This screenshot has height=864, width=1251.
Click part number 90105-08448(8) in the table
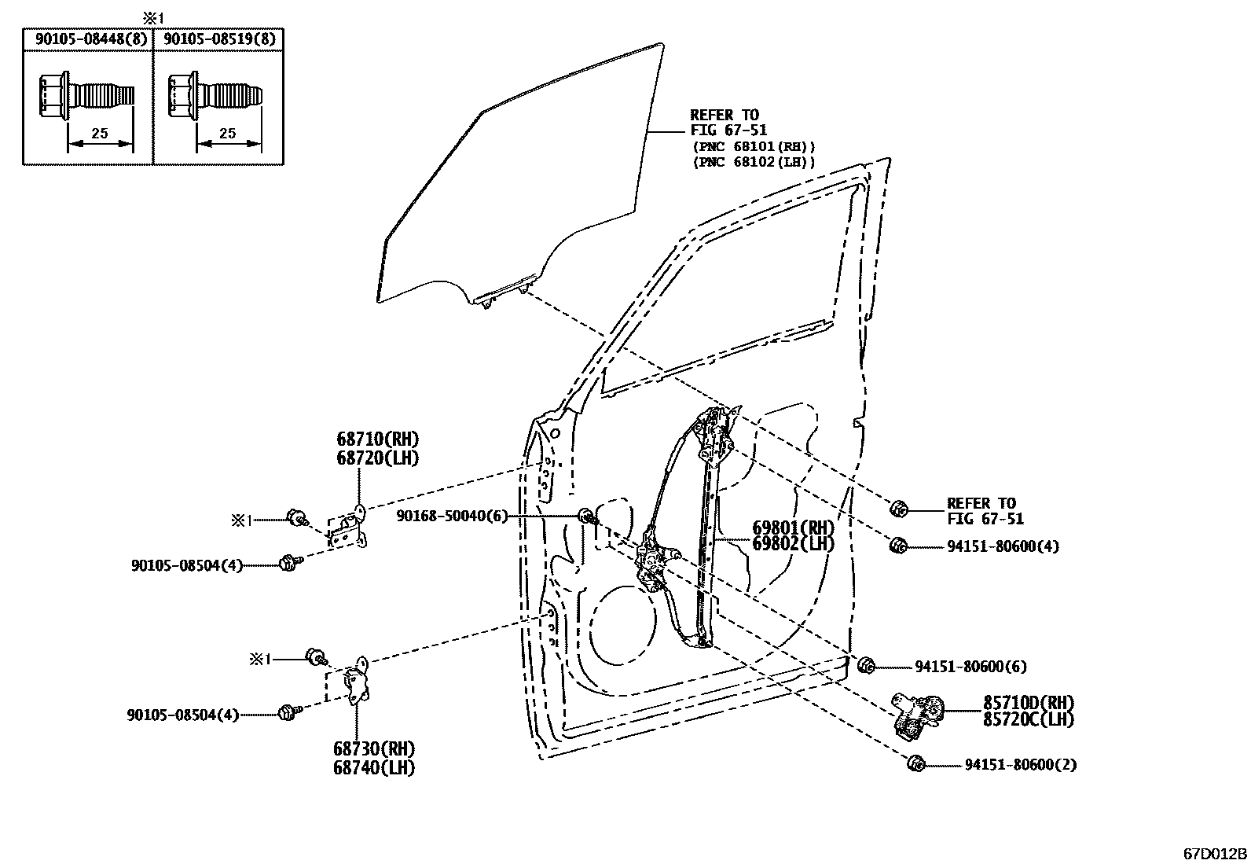87,38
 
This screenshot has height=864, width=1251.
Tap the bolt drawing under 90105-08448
86,97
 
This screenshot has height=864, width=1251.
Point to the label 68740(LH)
373,767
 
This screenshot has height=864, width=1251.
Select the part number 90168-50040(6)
451,516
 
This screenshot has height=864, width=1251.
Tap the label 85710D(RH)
1028,703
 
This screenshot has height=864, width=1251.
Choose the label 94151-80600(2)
1020,764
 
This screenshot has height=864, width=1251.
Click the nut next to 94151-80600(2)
915,763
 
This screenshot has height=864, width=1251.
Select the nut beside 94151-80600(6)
866,666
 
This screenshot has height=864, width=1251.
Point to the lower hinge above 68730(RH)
358,681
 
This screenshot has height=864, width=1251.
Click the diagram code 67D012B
1215,853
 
